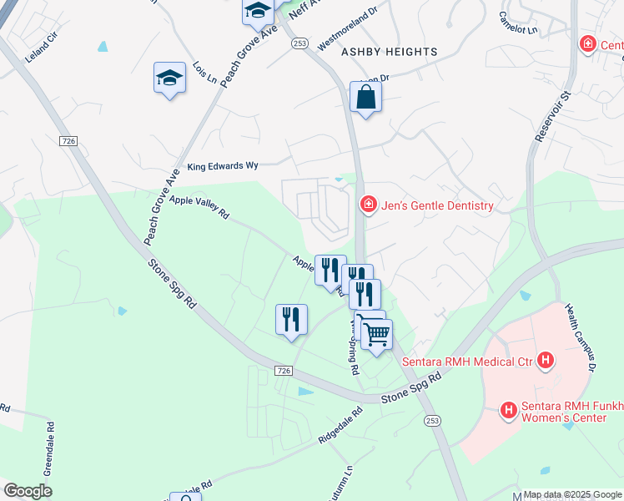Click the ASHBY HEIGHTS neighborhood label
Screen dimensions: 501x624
389,52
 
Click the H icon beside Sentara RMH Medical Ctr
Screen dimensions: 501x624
546,360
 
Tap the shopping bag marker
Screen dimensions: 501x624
365,99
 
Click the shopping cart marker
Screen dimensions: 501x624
377,335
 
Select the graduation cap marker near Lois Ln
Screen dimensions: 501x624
169,78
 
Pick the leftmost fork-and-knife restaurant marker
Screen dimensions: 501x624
291,320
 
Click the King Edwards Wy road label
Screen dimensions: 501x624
223,166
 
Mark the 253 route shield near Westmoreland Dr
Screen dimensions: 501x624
300,43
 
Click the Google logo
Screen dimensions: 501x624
28,491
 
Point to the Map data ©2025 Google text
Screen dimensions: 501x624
571,494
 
